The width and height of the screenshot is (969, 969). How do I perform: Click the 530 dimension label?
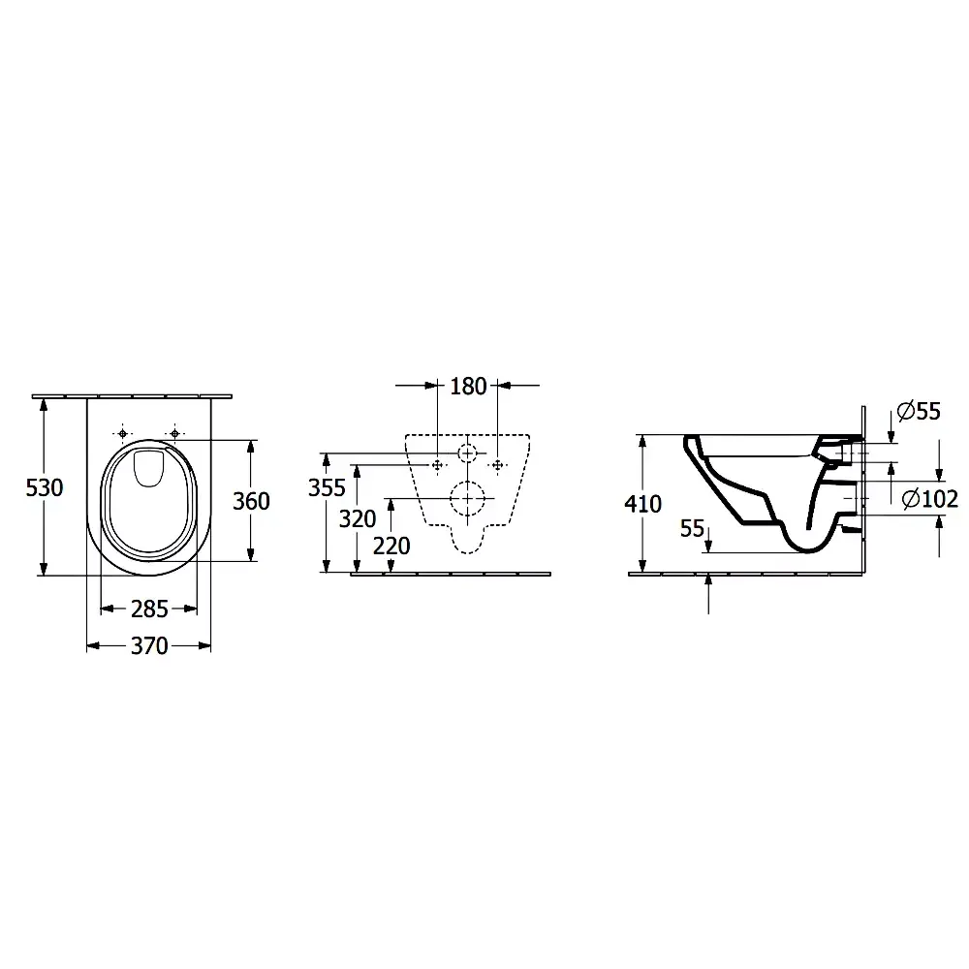coord(45,488)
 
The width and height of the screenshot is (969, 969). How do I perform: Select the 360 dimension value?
coord(251,501)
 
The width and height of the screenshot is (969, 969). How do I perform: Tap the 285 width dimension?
coord(149,610)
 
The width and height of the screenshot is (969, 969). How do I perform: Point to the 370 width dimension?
coord(149,646)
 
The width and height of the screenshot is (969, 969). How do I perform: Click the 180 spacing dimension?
coord(468,387)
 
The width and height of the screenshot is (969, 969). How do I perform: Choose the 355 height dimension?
coord(327,488)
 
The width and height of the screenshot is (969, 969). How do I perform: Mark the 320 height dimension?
coord(358,519)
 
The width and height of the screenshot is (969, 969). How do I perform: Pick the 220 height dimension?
coord(391,547)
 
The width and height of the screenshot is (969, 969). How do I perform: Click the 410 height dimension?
coord(642,504)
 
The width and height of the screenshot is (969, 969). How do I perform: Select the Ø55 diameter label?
coord(919,411)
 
